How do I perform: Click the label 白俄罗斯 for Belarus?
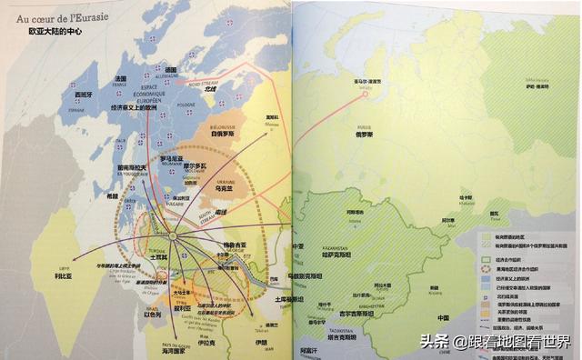coord(223,133)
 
